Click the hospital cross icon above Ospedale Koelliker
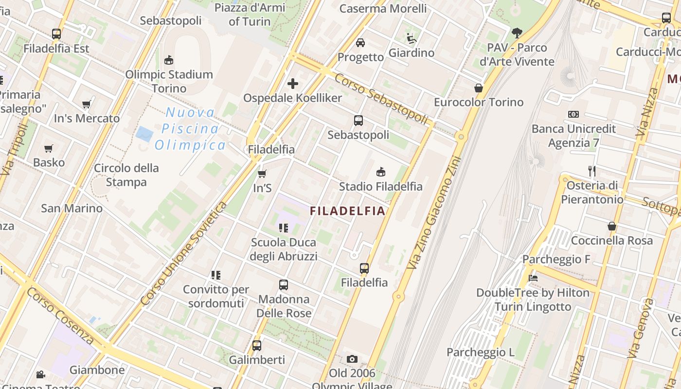[x=292, y=84]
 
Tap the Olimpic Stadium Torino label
[x=169, y=81]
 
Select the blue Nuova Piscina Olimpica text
[x=190, y=129]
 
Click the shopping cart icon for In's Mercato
[x=87, y=105]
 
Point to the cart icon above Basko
[x=48, y=148]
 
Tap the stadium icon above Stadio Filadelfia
[x=381, y=172]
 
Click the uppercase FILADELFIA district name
[x=348, y=211]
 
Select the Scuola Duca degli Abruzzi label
[x=284, y=249]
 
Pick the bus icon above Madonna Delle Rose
[x=284, y=285]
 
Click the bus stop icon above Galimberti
[x=256, y=346]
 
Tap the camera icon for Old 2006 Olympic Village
[x=352, y=359]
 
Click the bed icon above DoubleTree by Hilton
[x=533, y=279]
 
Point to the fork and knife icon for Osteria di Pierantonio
[x=592, y=171]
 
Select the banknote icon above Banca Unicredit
[x=573, y=114]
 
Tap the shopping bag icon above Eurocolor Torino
[x=479, y=88]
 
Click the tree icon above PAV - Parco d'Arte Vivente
[x=517, y=33]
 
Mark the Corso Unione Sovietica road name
[x=183, y=254]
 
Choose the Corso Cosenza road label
[x=60, y=316]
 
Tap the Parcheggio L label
[x=480, y=352]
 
